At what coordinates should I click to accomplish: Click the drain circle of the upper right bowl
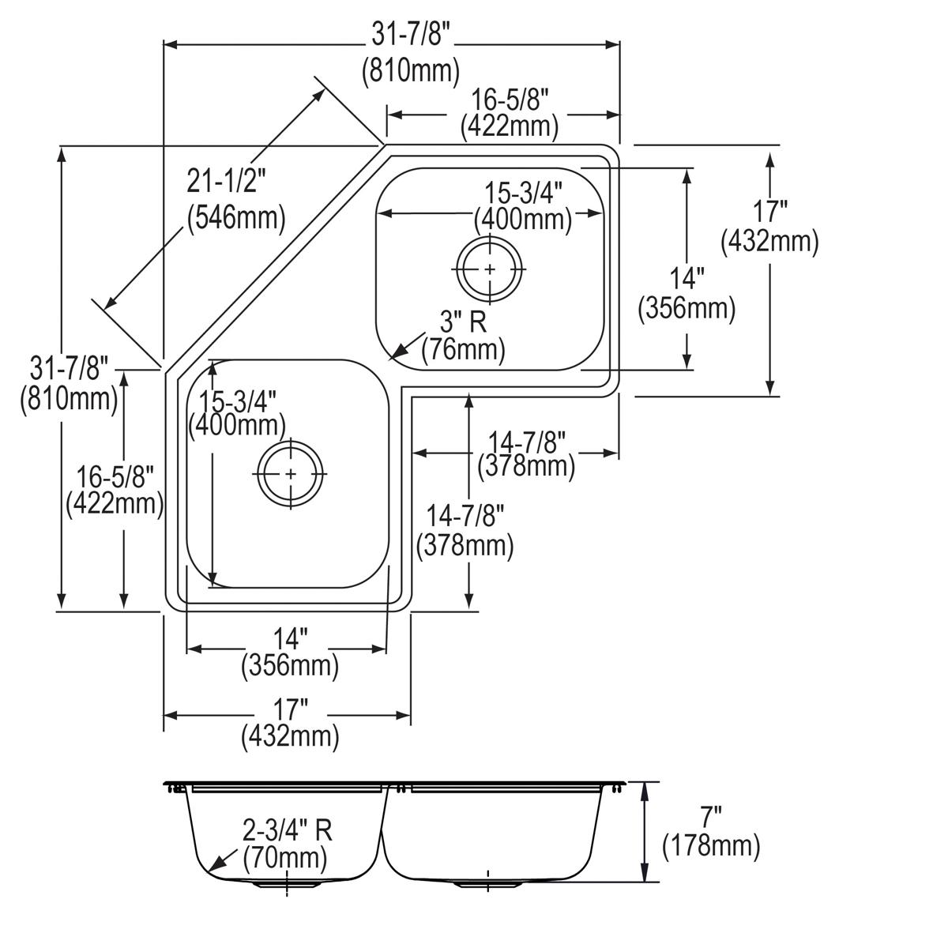(x=490, y=269)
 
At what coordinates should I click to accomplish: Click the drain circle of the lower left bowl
(x=292, y=473)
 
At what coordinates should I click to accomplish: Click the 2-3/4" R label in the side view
(x=287, y=830)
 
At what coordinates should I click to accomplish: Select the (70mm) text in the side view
(x=284, y=856)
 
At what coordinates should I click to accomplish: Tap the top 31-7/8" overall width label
(x=411, y=35)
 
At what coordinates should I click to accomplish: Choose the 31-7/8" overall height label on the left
(x=68, y=368)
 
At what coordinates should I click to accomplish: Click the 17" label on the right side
(x=769, y=212)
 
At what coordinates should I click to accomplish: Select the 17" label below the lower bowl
(x=289, y=707)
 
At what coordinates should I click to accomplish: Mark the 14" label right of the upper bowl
(x=687, y=279)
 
